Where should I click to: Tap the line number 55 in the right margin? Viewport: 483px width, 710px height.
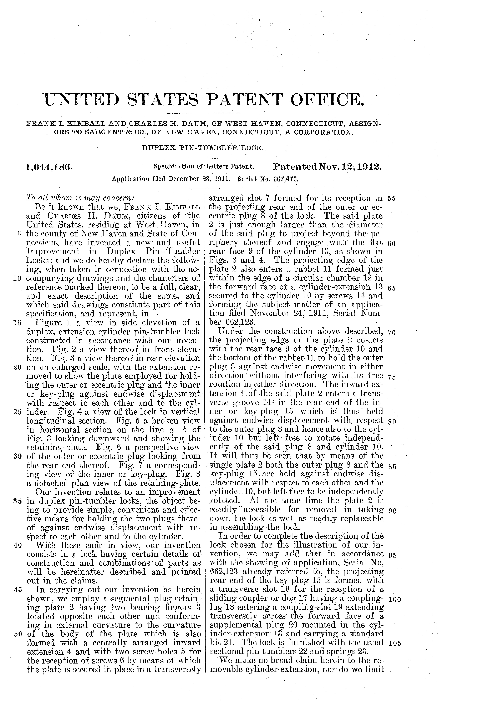[x=391, y=199]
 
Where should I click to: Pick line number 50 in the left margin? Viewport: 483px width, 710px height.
[x=17, y=634]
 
